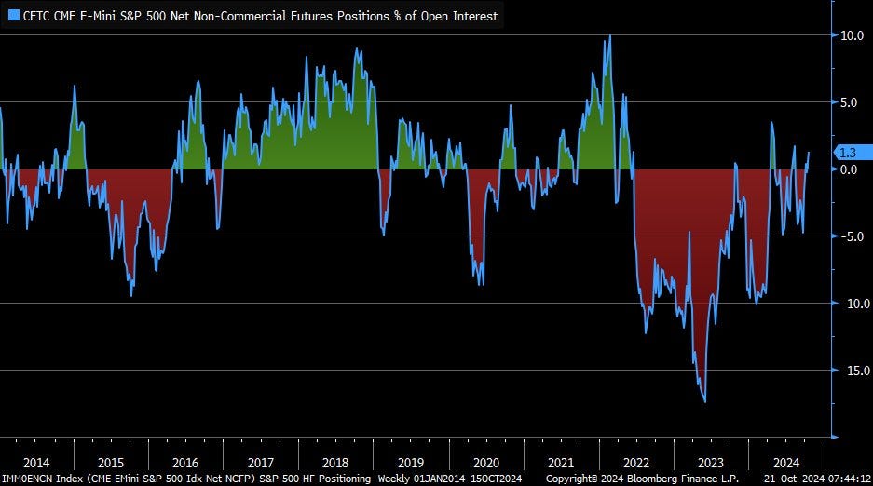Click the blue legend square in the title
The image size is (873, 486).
pyautogui.click(x=13, y=15)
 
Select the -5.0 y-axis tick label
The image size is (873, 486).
pyautogui.click(x=851, y=236)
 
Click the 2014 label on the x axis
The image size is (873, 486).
pyautogui.click(x=36, y=463)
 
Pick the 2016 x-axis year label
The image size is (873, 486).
pyautogui.click(x=186, y=463)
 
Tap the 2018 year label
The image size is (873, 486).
pyautogui.click(x=335, y=463)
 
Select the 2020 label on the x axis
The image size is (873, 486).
pyautogui.click(x=485, y=463)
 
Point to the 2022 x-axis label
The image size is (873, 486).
pyautogui.click(x=635, y=463)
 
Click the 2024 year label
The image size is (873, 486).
pyautogui.click(x=785, y=463)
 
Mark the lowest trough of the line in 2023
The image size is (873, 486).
pyautogui.click(x=704, y=401)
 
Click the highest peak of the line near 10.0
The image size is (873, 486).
pyautogui.click(x=609, y=36)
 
